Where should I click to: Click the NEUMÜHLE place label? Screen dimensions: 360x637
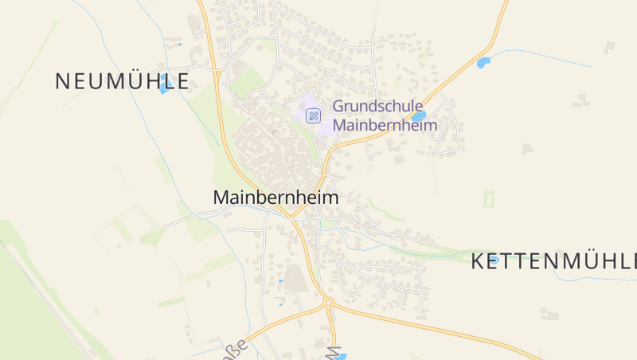click(122, 80)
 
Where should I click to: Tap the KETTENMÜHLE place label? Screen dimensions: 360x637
click(553, 260)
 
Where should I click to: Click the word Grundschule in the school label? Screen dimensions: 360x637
click(377, 106)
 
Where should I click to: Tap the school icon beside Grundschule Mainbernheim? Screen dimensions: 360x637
click(314, 115)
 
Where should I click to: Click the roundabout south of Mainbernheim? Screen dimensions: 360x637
click(328, 302)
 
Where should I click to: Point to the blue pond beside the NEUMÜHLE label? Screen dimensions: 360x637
click(163, 88)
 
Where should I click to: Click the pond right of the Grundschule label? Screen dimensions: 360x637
click(419, 115)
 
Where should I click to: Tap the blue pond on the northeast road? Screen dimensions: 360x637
click(483, 62)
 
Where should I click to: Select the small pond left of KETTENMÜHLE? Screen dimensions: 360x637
click(494, 259)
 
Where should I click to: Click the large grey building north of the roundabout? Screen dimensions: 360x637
click(295, 278)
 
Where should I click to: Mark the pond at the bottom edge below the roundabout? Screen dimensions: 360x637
click(339, 357)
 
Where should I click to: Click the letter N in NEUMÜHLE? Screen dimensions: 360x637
click(63, 80)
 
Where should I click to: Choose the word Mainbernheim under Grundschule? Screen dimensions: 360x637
click(385, 125)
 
